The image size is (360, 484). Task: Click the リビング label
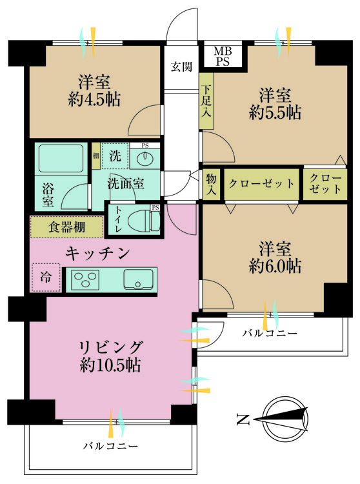pos(111,347)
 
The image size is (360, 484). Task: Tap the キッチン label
pos(97,253)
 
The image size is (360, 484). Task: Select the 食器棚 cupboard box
pos(66,227)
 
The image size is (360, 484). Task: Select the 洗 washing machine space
pos(114,156)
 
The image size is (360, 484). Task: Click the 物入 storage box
pos(212,184)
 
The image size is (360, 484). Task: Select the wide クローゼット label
pos(262,184)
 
